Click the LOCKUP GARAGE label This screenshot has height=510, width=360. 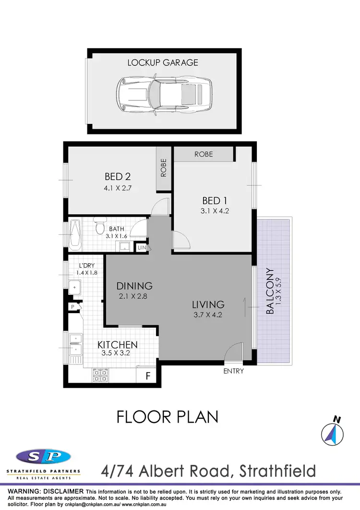pyautogui.click(x=163, y=62)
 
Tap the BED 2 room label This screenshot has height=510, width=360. pyautogui.click(x=118, y=177)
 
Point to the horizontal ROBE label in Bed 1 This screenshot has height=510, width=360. pyautogui.click(x=204, y=154)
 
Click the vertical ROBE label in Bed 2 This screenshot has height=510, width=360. pyautogui.click(x=164, y=168)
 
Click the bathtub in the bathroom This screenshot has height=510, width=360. pyautogui.click(x=76, y=235)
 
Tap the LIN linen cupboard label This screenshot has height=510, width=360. pyautogui.click(x=142, y=248)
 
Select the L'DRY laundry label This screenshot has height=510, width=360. pyautogui.click(x=86, y=265)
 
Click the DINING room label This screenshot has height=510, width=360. pyautogui.click(x=134, y=286)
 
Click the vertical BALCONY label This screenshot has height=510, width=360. pyautogui.click(x=270, y=291)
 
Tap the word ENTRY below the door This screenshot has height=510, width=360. pyautogui.click(x=234, y=371)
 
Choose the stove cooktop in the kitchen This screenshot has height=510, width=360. pyautogui.click(x=100, y=375)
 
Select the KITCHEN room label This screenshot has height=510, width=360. pyautogui.click(x=118, y=345)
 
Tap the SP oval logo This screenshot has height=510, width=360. pyautogui.click(x=44, y=456)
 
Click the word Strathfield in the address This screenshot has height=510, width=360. pyautogui.click(x=272, y=471)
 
